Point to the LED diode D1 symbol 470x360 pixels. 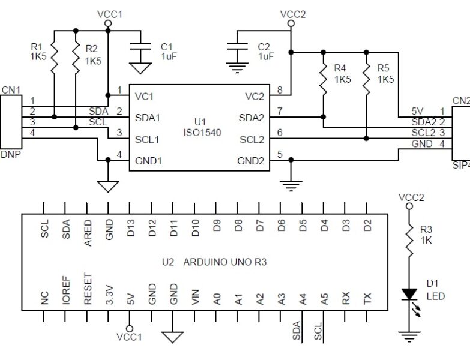coord(409,294)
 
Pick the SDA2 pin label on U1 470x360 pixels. coord(252,117)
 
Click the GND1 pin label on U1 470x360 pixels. coord(148,160)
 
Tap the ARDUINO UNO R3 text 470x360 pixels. coord(224,262)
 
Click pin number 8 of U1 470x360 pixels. coord(279,90)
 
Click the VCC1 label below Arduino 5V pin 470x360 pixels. coord(130,337)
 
